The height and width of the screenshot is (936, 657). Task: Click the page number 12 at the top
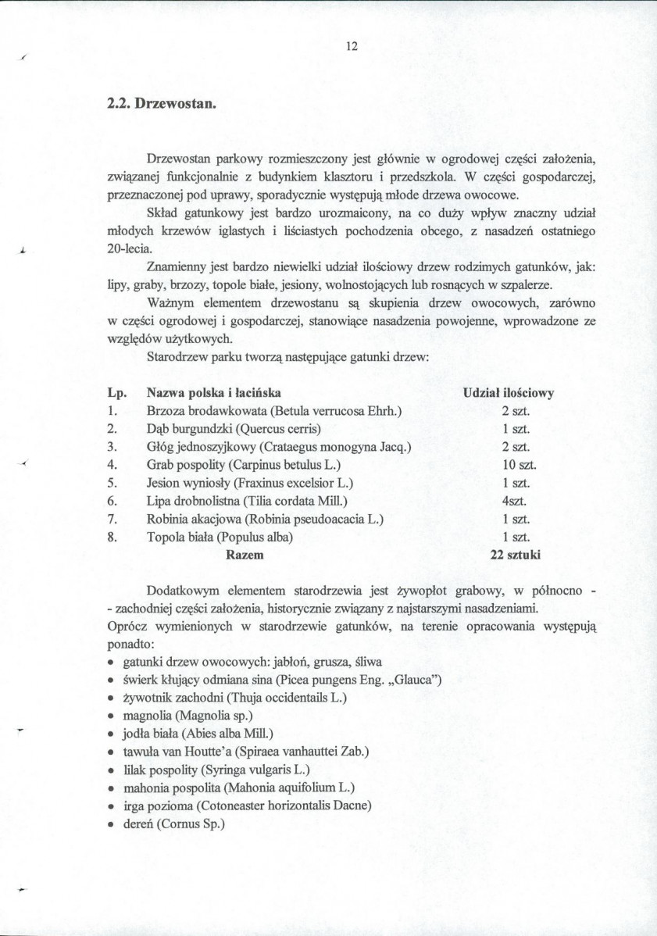point(351,46)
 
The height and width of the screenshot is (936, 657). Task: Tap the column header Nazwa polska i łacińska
point(214,393)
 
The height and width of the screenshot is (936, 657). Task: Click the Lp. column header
point(116,393)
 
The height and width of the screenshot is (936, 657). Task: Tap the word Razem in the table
point(244,555)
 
